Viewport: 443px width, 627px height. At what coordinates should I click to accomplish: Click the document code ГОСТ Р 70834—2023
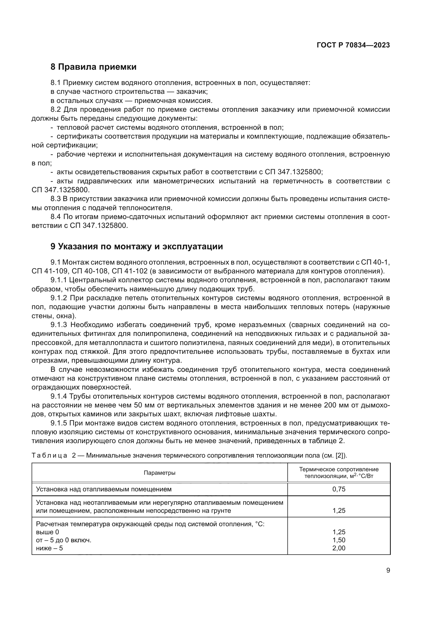[x=353, y=45]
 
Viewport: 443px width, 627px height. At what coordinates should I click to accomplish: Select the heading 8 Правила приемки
[x=93, y=67]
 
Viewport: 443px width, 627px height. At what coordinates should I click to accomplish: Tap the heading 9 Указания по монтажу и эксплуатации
[x=136, y=246]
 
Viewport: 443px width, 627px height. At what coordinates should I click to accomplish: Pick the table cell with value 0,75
[x=339, y=489]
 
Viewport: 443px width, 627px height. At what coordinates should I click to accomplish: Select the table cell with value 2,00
[x=339, y=548]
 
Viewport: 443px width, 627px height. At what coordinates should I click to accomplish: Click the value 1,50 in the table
[x=339, y=540]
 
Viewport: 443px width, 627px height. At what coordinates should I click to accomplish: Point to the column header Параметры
[x=159, y=473]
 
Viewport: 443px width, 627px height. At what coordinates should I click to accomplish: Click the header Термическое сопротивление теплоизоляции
[x=339, y=473]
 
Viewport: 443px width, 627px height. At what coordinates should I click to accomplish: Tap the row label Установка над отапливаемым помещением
[x=104, y=489]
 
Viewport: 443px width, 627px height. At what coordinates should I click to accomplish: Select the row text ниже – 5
[x=49, y=548]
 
